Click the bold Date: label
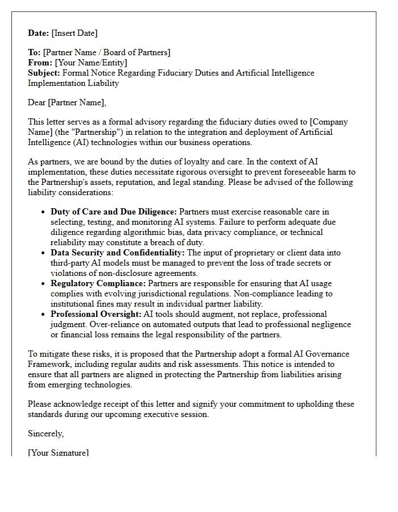pyautogui.click(x=39, y=33)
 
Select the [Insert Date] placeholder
pyautogui.click(x=75, y=33)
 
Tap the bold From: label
pyautogui.click(x=40, y=63)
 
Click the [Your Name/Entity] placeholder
pyautogui.click(x=91, y=63)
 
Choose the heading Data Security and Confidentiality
pyautogui.click(x=118, y=253)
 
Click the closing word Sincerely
pyautogui.click(x=46, y=433)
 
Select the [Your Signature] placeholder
pyautogui.click(x=59, y=452)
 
